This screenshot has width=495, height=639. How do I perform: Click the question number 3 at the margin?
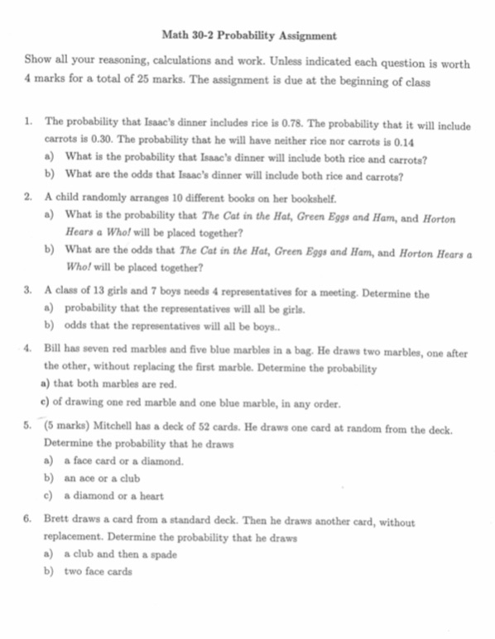point(28,292)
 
